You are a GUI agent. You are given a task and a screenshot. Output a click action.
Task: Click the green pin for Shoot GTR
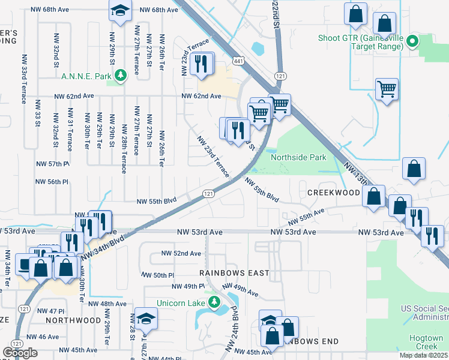click(412, 42)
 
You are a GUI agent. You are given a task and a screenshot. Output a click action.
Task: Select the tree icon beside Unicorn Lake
click(212, 301)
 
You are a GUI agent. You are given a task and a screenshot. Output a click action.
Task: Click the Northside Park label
click(298, 157)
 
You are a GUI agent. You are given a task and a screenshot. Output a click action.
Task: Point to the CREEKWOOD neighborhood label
click(333, 193)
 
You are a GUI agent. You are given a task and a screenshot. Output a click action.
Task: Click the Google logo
click(20, 353)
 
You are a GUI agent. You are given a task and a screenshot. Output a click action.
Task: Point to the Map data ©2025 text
click(423, 355)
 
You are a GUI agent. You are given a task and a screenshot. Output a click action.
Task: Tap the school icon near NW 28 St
click(145, 319)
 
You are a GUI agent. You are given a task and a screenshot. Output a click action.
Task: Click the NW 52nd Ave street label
click(181, 253)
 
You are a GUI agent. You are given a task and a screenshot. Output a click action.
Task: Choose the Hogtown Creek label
click(426, 343)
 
